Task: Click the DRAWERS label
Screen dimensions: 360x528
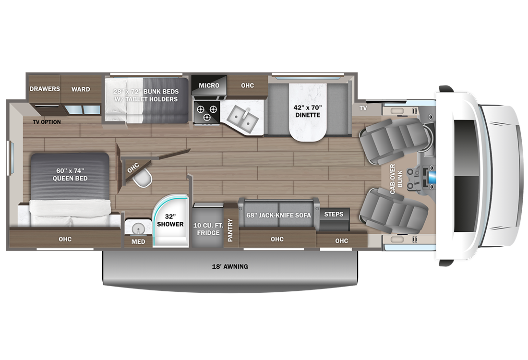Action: (x=45, y=89)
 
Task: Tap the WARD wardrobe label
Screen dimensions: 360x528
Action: (x=81, y=89)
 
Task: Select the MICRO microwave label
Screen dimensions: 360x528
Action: (x=209, y=85)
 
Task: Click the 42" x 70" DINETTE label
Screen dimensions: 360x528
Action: (x=307, y=111)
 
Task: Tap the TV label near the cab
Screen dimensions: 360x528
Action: (x=363, y=108)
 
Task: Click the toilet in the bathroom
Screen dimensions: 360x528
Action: (x=142, y=180)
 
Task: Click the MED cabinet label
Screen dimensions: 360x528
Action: (x=138, y=241)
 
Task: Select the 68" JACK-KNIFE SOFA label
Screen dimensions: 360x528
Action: (x=278, y=215)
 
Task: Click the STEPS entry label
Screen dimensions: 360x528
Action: (x=334, y=214)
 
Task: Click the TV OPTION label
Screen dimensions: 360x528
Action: (x=47, y=122)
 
